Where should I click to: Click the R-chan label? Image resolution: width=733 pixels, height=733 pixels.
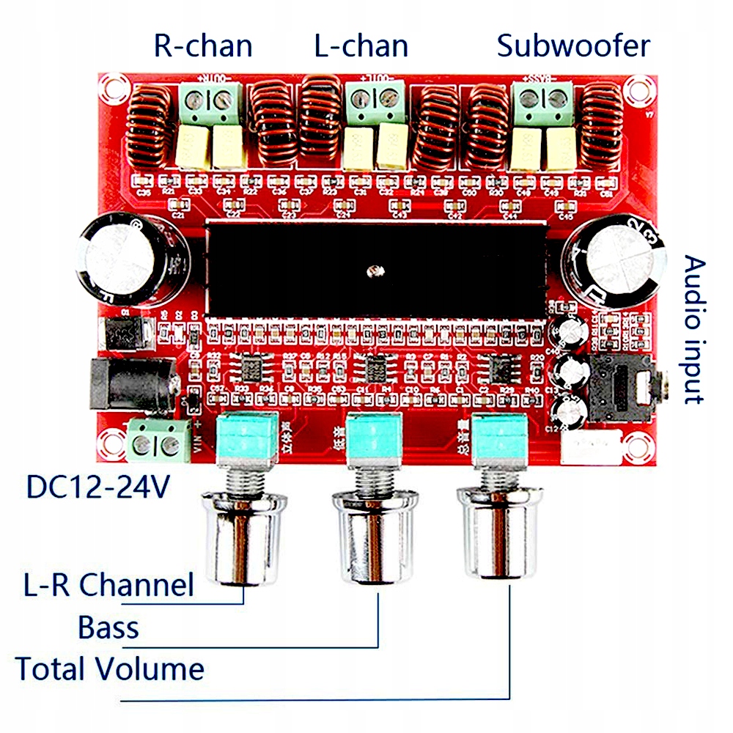[x=203, y=45]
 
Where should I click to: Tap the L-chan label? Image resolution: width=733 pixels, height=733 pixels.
[x=361, y=45]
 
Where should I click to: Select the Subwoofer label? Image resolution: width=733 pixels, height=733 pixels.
[x=573, y=45]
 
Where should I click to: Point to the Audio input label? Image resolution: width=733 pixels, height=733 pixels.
[x=693, y=330]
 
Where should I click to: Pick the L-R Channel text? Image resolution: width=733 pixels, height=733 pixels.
[x=108, y=585]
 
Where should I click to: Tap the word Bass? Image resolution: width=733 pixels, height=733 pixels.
[x=108, y=627]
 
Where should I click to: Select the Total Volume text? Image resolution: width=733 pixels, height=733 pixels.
[x=110, y=668]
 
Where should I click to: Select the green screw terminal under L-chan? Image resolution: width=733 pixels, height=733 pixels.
[x=376, y=103]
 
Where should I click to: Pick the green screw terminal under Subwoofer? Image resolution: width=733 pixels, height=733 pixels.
[x=543, y=102]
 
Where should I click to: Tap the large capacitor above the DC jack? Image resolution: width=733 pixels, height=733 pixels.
[x=129, y=260]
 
